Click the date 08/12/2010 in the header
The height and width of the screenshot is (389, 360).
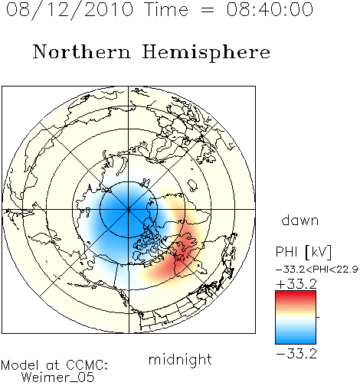(x=70, y=10)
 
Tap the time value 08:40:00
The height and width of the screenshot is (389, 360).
(x=270, y=9)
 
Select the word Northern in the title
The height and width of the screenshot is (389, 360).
(x=82, y=51)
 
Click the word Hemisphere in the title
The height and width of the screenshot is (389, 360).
(x=206, y=53)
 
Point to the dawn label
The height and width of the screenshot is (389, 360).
(x=300, y=220)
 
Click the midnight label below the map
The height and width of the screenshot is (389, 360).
(x=180, y=360)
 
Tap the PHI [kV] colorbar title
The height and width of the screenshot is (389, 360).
(x=303, y=252)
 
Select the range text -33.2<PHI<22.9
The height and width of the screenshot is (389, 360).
(x=317, y=270)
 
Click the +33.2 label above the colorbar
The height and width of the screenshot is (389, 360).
(x=296, y=284)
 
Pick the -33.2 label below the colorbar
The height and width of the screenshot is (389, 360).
(x=296, y=354)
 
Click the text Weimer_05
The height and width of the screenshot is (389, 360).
(x=58, y=378)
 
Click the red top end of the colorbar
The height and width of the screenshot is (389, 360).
(x=296, y=293)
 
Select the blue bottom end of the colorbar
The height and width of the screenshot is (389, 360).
(x=296, y=342)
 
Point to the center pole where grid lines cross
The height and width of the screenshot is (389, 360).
(x=129, y=209)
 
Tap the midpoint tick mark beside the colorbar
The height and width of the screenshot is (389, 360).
(x=318, y=317)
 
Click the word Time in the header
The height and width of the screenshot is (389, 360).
(x=166, y=9)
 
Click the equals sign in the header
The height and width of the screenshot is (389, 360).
(x=207, y=10)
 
